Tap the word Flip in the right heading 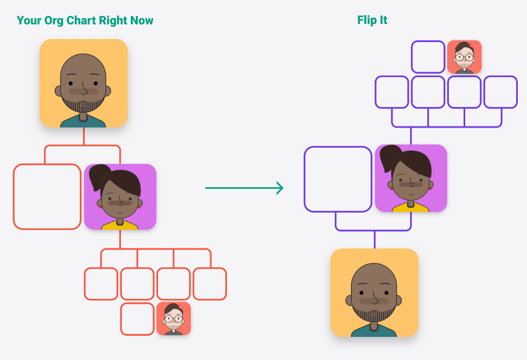pyautogui.click(x=366, y=21)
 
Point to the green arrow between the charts pyautogui.click(x=244, y=188)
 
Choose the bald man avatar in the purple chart pyautogui.click(x=374, y=293)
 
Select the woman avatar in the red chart pyautogui.click(x=120, y=196)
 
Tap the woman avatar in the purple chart pyautogui.click(x=411, y=178)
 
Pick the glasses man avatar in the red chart pyautogui.click(x=173, y=319)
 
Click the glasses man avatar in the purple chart pyautogui.click(x=464, y=57)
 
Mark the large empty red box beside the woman pyautogui.click(x=47, y=196)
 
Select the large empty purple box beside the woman pyautogui.click(x=338, y=179)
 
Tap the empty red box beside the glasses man pyautogui.click(x=137, y=319)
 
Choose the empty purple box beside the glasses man pyautogui.click(x=428, y=57)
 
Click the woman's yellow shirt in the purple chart pyautogui.click(x=411, y=208)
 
